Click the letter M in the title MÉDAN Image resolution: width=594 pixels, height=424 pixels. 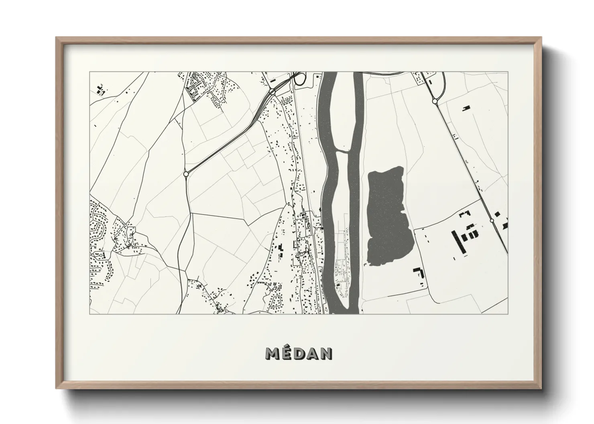(273, 353)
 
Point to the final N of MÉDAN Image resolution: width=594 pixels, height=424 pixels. (326, 353)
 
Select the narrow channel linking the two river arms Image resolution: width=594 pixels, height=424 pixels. (341, 151)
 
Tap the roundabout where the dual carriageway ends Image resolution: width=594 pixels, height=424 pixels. (186, 174)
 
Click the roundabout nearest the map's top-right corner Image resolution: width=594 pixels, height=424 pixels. (434, 101)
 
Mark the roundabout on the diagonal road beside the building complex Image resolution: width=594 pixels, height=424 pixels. (492, 220)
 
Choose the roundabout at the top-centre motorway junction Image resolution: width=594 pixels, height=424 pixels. (272, 92)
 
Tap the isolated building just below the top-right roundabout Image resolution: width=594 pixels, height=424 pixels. (466, 108)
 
